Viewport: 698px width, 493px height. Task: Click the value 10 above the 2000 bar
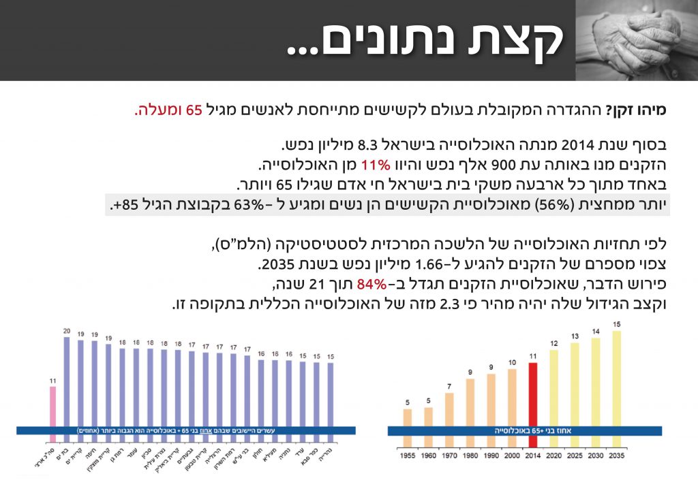[512, 362]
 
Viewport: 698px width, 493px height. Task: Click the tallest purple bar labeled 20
[67, 381]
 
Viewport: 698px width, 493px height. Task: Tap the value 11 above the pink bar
[52, 381]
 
